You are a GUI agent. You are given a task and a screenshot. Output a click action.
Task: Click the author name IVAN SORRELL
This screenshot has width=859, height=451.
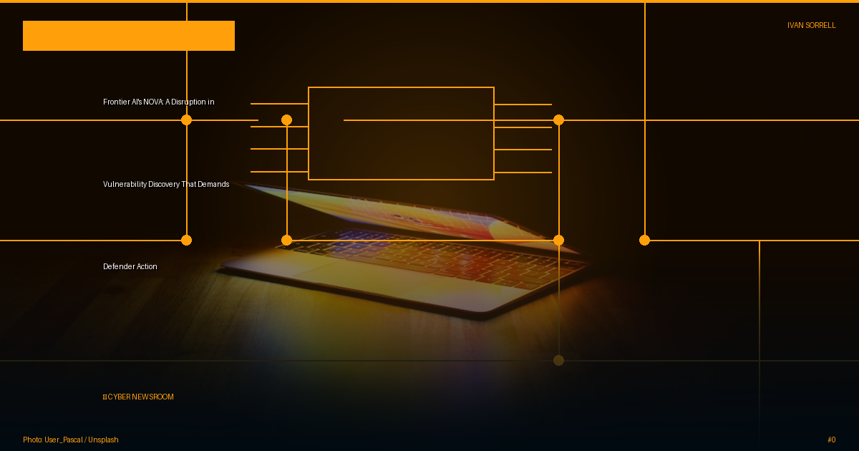click(x=812, y=25)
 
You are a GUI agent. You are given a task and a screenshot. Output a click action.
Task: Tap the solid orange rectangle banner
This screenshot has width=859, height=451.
click(x=129, y=36)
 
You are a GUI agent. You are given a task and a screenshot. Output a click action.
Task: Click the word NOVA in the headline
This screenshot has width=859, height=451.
click(x=153, y=102)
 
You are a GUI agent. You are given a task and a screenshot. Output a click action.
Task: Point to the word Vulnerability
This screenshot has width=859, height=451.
click(x=125, y=185)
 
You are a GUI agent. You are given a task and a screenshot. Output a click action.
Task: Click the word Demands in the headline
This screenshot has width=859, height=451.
click(x=213, y=185)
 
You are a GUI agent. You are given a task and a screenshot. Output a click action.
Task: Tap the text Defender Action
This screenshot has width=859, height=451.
click(x=130, y=266)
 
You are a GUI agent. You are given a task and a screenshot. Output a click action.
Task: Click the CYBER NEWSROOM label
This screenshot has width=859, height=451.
click(x=138, y=397)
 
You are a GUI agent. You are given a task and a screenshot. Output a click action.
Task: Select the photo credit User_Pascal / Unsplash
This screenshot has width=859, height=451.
click(x=82, y=440)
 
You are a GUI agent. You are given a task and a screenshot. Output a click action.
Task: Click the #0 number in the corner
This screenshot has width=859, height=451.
click(x=831, y=440)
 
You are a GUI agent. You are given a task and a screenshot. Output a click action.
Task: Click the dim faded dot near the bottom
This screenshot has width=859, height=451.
click(x=559, y=361)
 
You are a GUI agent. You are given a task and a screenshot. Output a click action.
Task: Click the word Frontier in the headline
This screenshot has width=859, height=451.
click(x=116, y=102)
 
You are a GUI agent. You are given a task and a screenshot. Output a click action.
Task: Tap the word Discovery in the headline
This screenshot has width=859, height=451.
click(x=164, y=185)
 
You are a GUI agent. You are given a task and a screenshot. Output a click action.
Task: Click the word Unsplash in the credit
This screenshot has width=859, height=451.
click(x=103, y=440)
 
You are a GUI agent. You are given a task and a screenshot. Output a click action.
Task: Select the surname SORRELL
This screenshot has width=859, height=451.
click(x=820, y=25)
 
